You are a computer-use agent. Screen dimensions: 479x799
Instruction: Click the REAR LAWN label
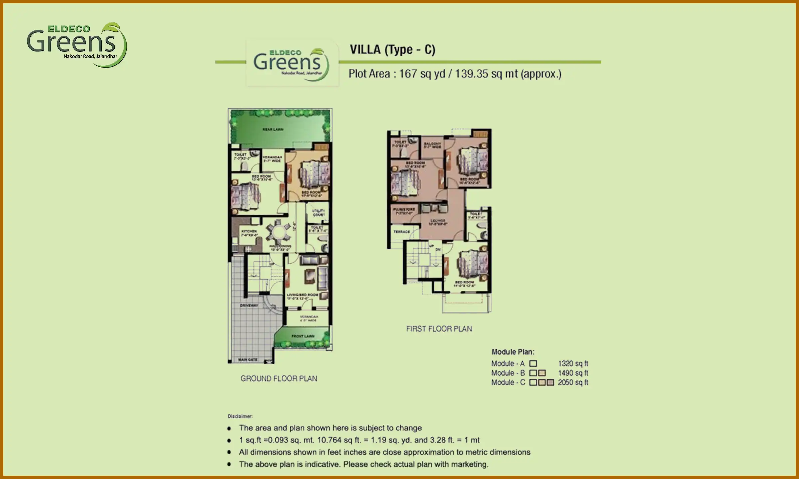click(x=273, y=129)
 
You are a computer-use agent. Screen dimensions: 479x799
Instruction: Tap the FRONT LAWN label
click(x=303, y=336)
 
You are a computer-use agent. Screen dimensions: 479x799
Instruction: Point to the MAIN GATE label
click(x=248, y=360)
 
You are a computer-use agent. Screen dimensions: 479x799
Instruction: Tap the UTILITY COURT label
click(x=318, y=213)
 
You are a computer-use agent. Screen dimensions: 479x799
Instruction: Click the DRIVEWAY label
click(x=249, y=305)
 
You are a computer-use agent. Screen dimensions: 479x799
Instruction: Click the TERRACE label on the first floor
click(x=401, y=232)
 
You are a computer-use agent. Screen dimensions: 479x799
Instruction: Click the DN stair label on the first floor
click(x=438, y=249)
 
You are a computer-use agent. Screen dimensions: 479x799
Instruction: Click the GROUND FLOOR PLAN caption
click(x=279, y=378)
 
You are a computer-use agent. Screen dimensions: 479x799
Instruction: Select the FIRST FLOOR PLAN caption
click(x=439, y=329)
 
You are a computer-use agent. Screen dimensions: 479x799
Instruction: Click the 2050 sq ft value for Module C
click(x=573, y=382)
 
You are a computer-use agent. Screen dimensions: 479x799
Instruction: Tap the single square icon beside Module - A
click(x=533, y=363)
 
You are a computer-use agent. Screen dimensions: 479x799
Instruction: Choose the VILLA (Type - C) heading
click(x=393, y=50)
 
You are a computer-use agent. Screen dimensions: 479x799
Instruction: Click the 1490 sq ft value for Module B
click(x=573, y=373)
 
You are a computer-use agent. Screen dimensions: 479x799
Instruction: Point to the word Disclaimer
click(x=240, y=416)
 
